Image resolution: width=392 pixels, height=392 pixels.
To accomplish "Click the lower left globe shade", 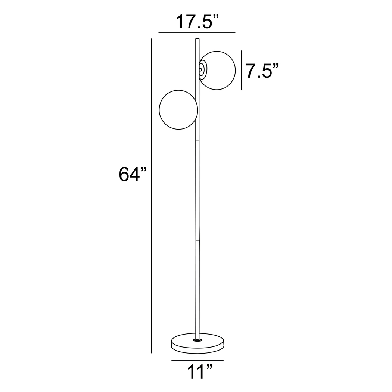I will click(178, 110).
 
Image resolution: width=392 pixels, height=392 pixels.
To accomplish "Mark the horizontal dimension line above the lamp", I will click(197, 33).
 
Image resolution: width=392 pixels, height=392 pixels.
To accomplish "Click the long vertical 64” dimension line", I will click(152, 194).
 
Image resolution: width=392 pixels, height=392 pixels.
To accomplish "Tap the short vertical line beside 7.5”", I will click(242, 70).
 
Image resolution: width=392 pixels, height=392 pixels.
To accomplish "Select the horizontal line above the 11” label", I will click(197, 360).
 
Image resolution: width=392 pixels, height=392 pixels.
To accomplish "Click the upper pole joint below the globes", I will click(197, 141).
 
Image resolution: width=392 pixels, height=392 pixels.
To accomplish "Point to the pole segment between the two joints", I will click(197, 190).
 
